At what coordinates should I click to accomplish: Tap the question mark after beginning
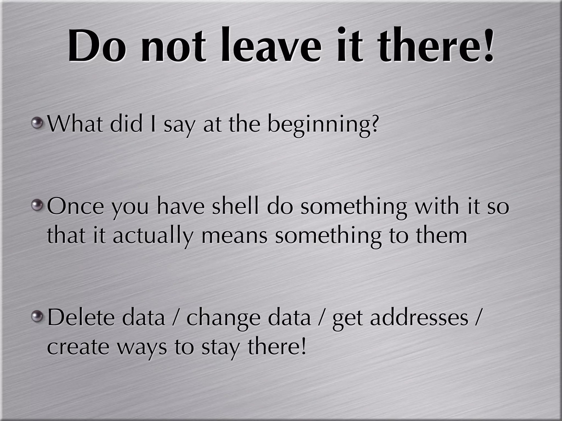[x=373, y=123]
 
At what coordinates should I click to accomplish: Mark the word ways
[x=142, y=348]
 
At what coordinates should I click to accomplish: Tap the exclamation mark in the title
[x=489, y=45]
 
